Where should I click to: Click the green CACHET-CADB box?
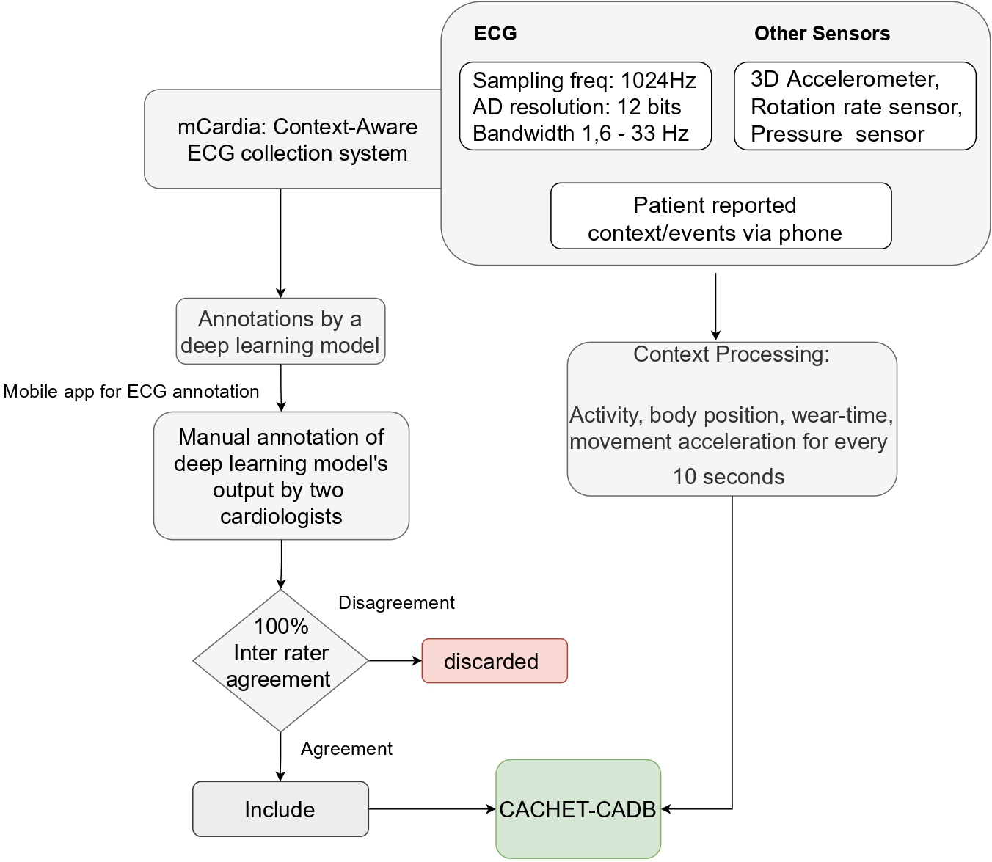click(x=578, y=808)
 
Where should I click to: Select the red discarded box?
click(x=495, y=661)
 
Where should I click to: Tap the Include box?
click(x=280, y=808)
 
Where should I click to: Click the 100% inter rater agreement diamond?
click(x=280, y=660)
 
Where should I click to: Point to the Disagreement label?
click(x=396, y=602)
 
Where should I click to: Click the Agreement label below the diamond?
click(x=346, y=749)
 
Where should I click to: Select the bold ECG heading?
click(x=495, y=34)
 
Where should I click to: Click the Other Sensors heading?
click(x=822, y=34)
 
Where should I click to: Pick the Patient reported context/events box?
click(x=721, y=216)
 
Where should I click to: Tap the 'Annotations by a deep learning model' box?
click(x=280, y=331)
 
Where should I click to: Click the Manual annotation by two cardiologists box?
click(x=281, y=475)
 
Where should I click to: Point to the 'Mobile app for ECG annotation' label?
click(x=131, y=391)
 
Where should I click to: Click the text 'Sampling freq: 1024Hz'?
click(x=584, y=81)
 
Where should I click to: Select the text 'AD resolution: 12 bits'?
click(x=577, y=107)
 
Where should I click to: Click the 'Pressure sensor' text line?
click(x=837, y=134)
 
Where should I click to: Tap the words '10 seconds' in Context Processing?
click(x=729, y=477)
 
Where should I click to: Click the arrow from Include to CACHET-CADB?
click(x=432, y=808)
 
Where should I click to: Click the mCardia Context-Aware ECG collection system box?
click(x=293, y=139)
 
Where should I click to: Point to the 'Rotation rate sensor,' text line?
click(x=856, y=107)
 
